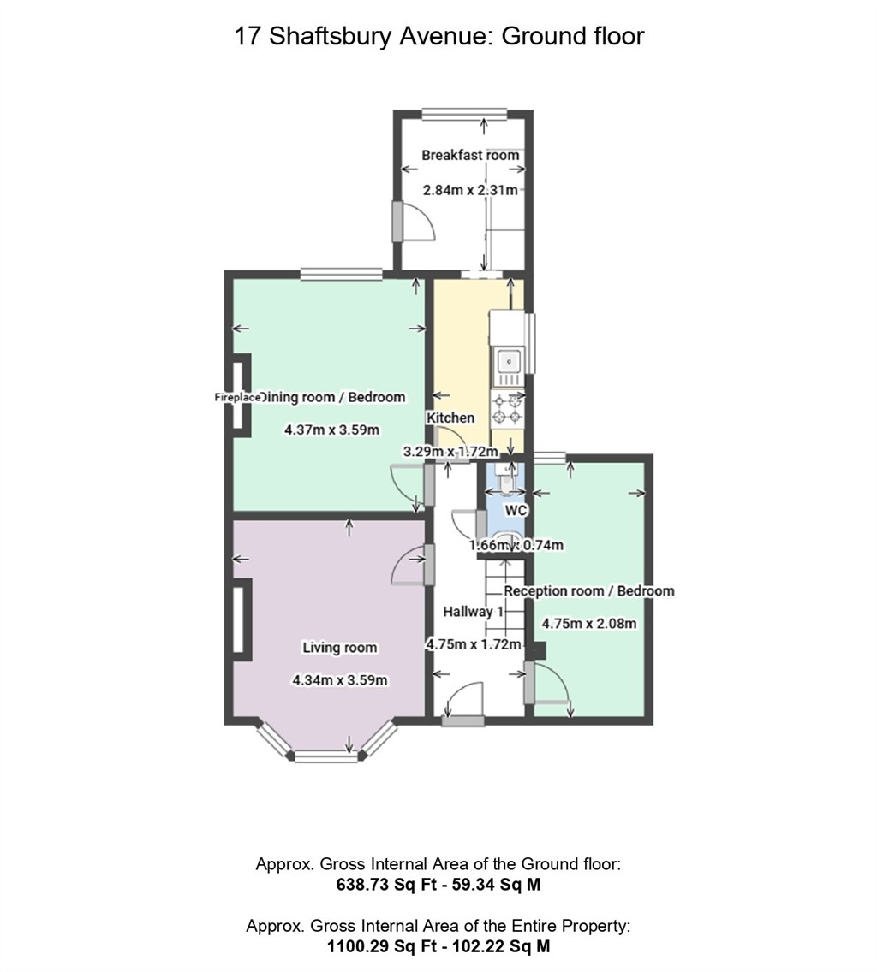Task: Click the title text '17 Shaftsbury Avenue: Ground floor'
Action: [x=438, y=36]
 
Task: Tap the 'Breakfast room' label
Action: [x=470, y=155]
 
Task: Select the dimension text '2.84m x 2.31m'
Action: [x=470, y=190]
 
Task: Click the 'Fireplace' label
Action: [x=237, y=397]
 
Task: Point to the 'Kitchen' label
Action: [x=450, y=418]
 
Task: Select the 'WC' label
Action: [x=515, y=510]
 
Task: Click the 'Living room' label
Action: [x=340, y=647]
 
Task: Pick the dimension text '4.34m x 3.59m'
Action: [x=340, y=680]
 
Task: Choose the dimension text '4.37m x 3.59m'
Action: [x=331, y=430]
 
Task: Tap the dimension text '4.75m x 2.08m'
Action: [x=589, y=624]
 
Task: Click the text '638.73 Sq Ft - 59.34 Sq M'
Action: [x=438, y=886]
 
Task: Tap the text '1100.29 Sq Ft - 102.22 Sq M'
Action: [x=438, y=946]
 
